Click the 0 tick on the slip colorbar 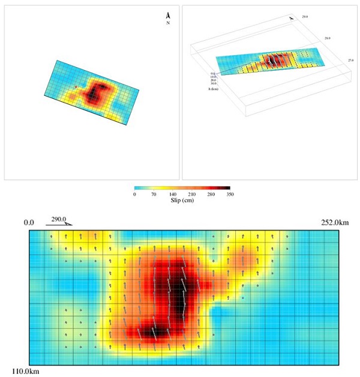coord(134,195)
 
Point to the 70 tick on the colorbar coord(154,195)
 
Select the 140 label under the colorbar coord(172,195)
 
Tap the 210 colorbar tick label coord(191,195)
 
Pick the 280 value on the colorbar coord(211,195)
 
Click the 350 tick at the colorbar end coord(229,195)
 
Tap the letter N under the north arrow coord(168,23)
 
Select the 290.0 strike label coord(59,219)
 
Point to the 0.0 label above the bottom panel coord(29,223)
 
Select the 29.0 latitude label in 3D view coord(305,17)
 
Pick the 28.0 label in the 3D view coord(328,38)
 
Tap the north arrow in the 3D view coord(292,18)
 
